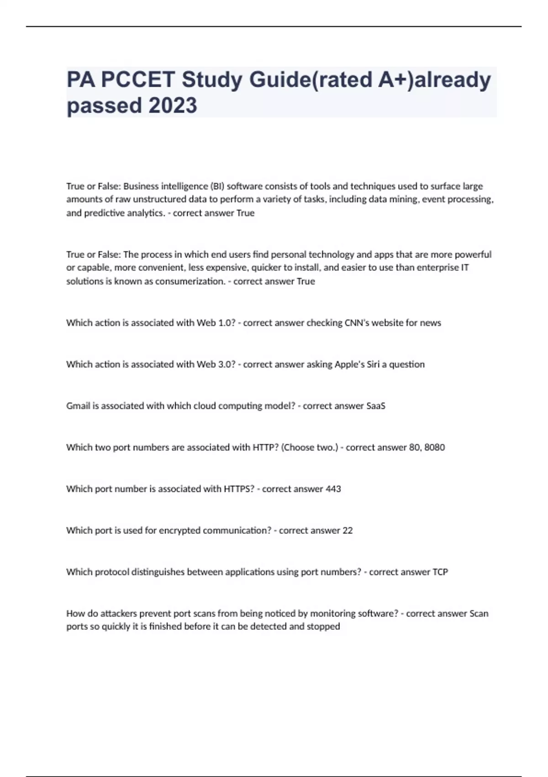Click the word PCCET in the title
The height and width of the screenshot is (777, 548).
pos(137,80)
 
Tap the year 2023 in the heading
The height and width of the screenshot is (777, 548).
pos(173,106)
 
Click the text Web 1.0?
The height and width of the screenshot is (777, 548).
pos(216,323)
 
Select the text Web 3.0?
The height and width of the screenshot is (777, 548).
pos(216,364)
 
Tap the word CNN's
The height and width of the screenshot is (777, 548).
pos(357,323)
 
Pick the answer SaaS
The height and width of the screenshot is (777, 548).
pos(376,406)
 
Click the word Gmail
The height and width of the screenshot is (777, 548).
pos(78,406)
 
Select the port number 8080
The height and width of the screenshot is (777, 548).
pos(434,447)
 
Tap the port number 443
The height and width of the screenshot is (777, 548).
pos(333,489)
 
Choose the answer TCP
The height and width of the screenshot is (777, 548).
pos(440,572)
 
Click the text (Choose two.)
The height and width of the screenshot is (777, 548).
pos(310,447)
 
